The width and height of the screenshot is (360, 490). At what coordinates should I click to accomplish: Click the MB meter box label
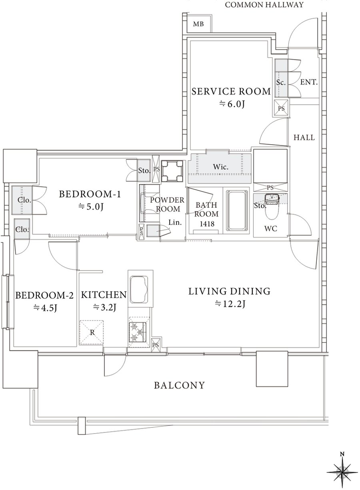pyautogui.click(x=198, y=24)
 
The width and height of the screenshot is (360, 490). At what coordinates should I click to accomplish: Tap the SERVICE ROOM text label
pyautogui.click(x=231, y=91)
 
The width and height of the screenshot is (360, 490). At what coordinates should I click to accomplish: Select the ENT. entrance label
pyautogui.click(x=309, y=82)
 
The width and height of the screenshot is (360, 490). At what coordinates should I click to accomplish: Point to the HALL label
pyautogui.click(x=304, y=137)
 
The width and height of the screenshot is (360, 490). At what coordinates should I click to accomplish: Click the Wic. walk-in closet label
pyautogui.click(x=221, y=167)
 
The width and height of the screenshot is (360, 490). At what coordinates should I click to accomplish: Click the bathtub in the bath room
pyautogui.click(x=238, y=211)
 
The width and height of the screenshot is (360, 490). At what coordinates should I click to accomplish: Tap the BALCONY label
pyautogui.click(x=180, y=385)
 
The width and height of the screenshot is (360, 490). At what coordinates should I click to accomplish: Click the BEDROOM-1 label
pyautogui.click(x=90, y=194)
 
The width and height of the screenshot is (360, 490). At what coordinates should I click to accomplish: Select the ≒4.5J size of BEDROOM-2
pyautogui.click(x=45, y=308)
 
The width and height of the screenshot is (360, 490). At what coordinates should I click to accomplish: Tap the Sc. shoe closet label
pyautogui.click(x=281, y=82)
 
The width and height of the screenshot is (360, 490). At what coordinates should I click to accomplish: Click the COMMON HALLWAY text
pyautogui.click(x=264, y=4)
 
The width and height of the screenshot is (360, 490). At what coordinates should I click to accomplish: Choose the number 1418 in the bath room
pyautogui.click(x=207, y=223)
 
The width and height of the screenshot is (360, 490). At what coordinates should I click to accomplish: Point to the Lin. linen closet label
pyautogui.click(x=175, y=223)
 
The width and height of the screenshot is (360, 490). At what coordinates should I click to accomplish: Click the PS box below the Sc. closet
pyautogui.click(x=282, y=108)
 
